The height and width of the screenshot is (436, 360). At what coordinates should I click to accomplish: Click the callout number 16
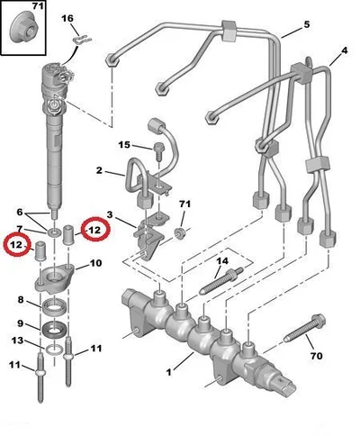pos(67,19)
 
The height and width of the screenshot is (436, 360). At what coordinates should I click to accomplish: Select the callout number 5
pos(306,24)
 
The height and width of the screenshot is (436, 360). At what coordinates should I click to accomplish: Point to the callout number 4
pos(345,50)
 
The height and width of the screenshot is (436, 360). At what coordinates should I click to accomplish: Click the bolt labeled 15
pos(158,151)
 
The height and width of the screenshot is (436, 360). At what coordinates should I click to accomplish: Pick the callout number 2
pos(99,170)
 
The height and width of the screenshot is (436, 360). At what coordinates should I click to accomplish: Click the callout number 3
pos(110,215)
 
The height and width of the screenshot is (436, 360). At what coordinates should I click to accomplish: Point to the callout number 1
pos(169,372)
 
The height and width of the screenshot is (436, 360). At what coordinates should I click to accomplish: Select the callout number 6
pos(20,213)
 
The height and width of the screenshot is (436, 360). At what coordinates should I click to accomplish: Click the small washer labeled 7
pos(54,232)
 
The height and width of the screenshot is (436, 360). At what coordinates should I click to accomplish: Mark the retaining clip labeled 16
pos(82,40)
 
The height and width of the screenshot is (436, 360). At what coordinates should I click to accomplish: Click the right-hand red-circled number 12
pos(94,230)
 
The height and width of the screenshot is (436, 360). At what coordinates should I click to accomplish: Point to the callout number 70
pos(316,356)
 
